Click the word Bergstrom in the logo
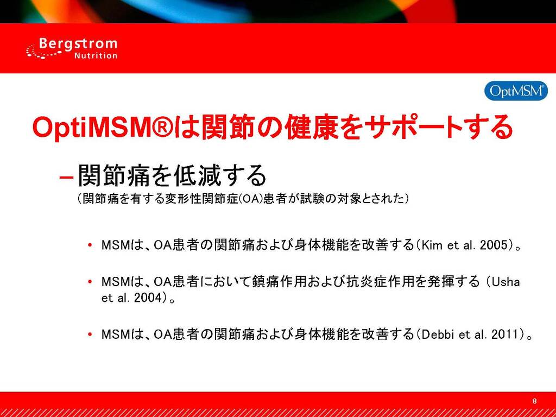[x=78, y=45]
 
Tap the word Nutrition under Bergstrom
[x=96, y=56]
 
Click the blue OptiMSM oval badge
[x=516, y=91]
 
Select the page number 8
[x=535, y=401]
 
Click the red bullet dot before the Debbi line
[x=91, y=334]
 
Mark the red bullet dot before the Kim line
[x=91, y=245]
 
